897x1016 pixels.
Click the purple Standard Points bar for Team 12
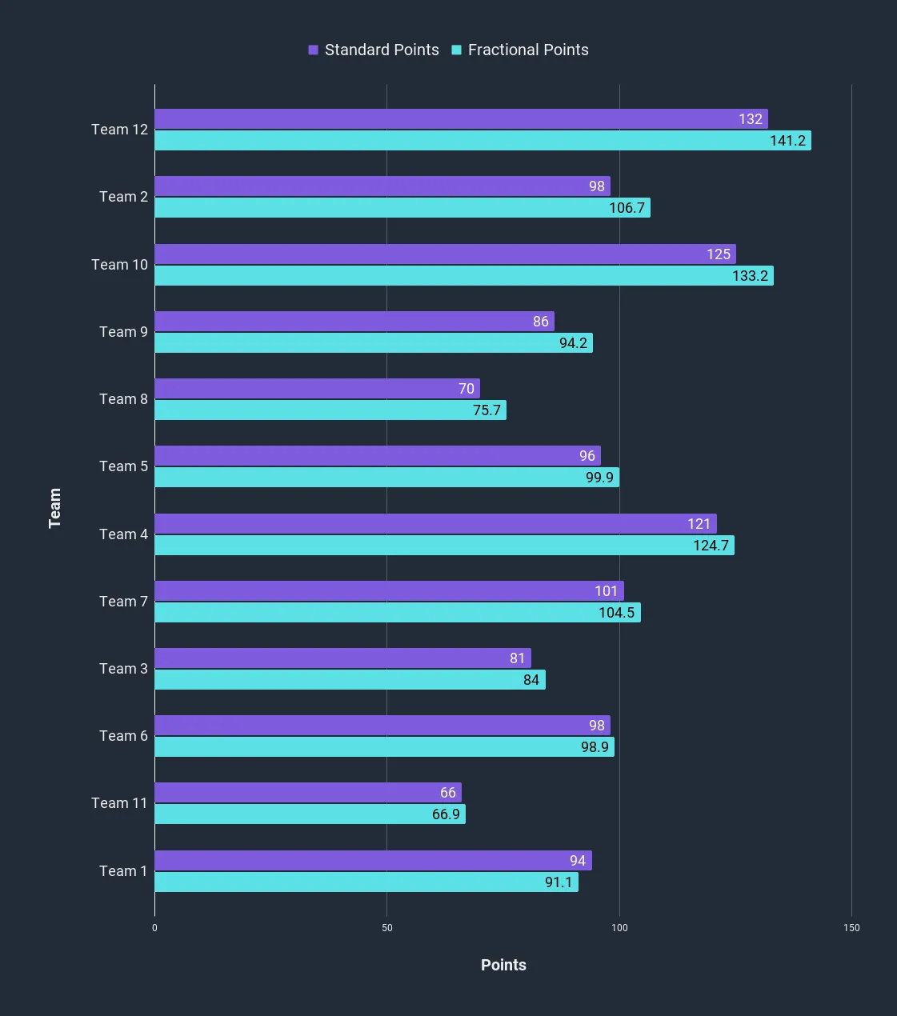click(x=460, y=119)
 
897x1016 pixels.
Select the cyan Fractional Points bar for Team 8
click(x=330, y=410)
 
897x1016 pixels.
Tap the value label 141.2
click(x=787, y=141)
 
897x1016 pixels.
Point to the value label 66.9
click(x=446, y=814)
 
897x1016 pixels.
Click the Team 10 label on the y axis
click(x=119, y=265)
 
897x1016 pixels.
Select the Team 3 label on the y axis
click(x=123, y=669)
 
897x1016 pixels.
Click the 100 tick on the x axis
click(x=619, y=928)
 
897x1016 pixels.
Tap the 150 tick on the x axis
click(x=851, y=928)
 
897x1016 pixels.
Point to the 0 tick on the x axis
click(x=154, y=928)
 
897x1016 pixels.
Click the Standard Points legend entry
click(x=374, y=50)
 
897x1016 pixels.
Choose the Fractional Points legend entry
click(x=520, y=50)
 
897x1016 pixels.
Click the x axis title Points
click(x=503, y=965)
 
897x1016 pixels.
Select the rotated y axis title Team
click(x=54, y=508)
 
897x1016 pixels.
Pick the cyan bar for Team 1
click(x=366, y=882)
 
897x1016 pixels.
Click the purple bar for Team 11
click(x=307, y=793)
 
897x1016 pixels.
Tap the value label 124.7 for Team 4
click(x=711, y=546)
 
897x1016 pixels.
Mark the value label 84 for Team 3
click(x=531, y=680)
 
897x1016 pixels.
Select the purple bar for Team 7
click(x=389, y=591)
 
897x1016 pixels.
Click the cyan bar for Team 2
click(x=402, y=208)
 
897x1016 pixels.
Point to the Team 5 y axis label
click(x=123, y=466)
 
